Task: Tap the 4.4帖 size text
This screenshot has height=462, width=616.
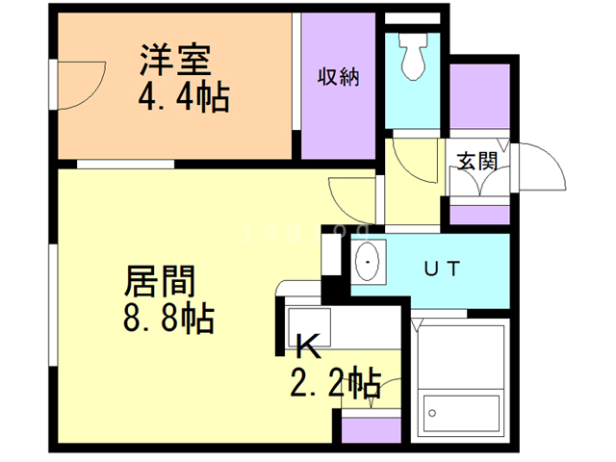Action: point(184,98)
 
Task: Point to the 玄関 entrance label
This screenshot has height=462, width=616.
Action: point(476,161)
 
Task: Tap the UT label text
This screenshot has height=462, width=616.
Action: point(442,267)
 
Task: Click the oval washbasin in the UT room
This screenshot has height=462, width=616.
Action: point(369,261)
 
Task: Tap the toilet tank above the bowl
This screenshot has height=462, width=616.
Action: point(415,40)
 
